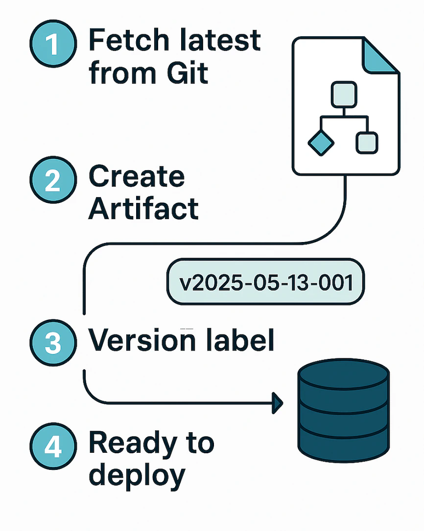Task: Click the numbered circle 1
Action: point(53,45)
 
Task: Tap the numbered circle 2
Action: point(53,180)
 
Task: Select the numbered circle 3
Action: point(53,343)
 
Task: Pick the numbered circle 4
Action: point(53,447)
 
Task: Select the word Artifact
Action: point(144,208)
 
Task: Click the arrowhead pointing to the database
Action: point(278,403)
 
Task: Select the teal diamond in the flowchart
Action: point(321,142)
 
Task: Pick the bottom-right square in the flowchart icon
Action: point(367,142)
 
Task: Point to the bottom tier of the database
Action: point(343,440)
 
